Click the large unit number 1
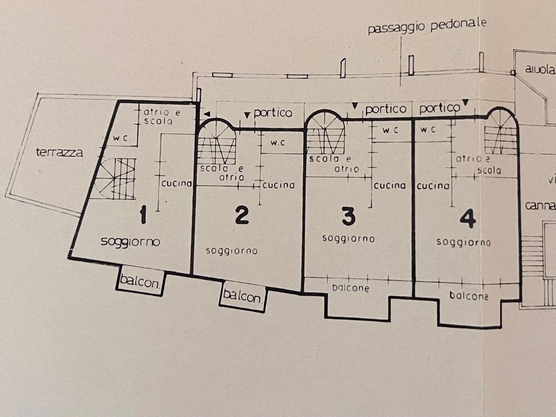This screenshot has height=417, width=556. click(143, 215)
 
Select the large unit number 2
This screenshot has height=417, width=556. click(242, 215)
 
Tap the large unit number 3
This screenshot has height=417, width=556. click(348, 216)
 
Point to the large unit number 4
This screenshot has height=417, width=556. click(467, 219)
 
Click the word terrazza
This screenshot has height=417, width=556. click(60, 152)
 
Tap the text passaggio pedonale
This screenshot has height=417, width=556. click(427, 27)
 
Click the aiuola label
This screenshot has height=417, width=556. click(540, 69)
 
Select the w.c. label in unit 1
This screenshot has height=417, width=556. click(121, 138)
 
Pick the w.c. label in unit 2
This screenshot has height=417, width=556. click(278, 143)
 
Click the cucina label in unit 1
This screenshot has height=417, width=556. click(176, 183)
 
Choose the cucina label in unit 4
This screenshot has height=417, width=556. click(433, 186)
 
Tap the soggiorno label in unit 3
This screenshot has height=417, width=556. click(348, 238)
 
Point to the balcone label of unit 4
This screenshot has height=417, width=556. click(469, 295)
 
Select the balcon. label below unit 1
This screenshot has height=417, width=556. click(140, 281)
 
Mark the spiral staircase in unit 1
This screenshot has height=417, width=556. click(115, 179)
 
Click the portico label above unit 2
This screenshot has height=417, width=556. click(273, 113)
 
